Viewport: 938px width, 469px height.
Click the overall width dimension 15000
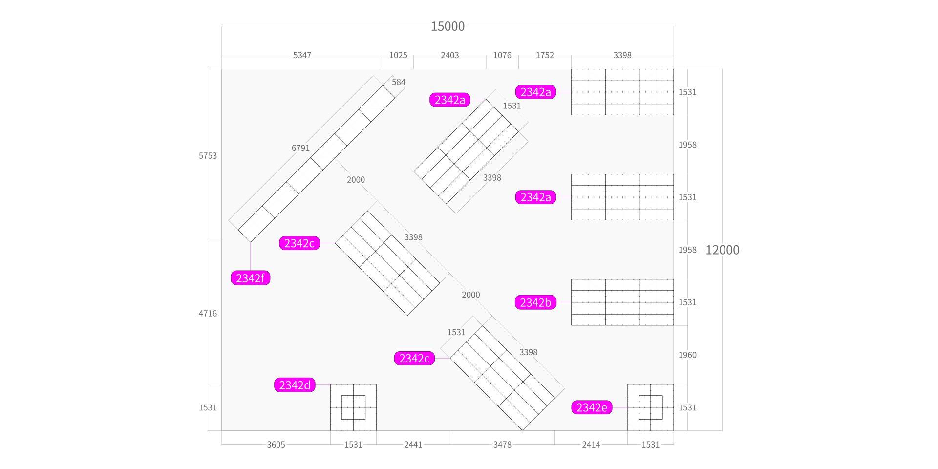448,26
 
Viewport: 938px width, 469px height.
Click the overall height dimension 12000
722,250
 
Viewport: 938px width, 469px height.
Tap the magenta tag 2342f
250,278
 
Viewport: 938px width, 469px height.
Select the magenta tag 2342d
295,385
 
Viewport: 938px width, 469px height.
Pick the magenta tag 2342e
592,407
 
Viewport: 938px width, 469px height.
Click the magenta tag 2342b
535,302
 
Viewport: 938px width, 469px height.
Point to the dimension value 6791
300,148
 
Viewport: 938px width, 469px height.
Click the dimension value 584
399,82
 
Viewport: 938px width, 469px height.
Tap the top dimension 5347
302,55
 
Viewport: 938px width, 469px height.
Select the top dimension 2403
450,55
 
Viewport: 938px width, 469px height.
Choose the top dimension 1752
545,55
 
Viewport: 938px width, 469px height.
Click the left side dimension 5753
208,156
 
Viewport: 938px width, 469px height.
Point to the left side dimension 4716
208,313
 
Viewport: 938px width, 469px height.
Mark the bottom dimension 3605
276,444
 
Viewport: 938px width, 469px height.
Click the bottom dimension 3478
502,444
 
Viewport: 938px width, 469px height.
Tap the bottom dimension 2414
591,444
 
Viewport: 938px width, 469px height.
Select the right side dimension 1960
687,355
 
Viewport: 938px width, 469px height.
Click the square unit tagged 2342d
353,407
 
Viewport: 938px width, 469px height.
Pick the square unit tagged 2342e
650,407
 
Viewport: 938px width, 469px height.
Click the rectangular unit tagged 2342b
622,302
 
